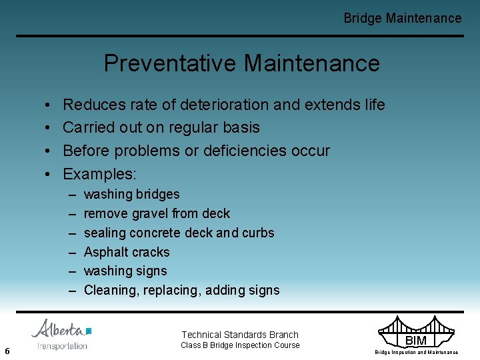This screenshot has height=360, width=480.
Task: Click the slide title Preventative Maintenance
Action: pos(241,63)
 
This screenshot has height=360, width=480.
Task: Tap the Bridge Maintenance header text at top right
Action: pos(402,18)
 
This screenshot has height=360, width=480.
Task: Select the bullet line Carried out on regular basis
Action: pos(161,127)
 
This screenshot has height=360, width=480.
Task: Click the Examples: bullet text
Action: pos(99,174)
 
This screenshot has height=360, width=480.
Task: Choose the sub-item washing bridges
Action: pos(131,194)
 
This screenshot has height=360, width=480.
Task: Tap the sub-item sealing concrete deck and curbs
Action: pos(179,233)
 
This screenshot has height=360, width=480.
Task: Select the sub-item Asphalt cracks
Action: pos(127,252)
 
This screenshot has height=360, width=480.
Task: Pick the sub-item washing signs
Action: pos(125,271)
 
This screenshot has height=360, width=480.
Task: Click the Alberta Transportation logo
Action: pos(62,334)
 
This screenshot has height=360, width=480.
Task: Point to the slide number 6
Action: pos(7,351)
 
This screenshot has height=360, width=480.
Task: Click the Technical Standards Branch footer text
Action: pos(240,335)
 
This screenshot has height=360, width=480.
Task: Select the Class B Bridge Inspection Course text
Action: pos(240,345)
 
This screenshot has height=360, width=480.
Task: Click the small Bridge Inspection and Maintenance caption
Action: pos(416,352)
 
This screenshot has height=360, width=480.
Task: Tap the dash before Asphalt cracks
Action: pos(72,252)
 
